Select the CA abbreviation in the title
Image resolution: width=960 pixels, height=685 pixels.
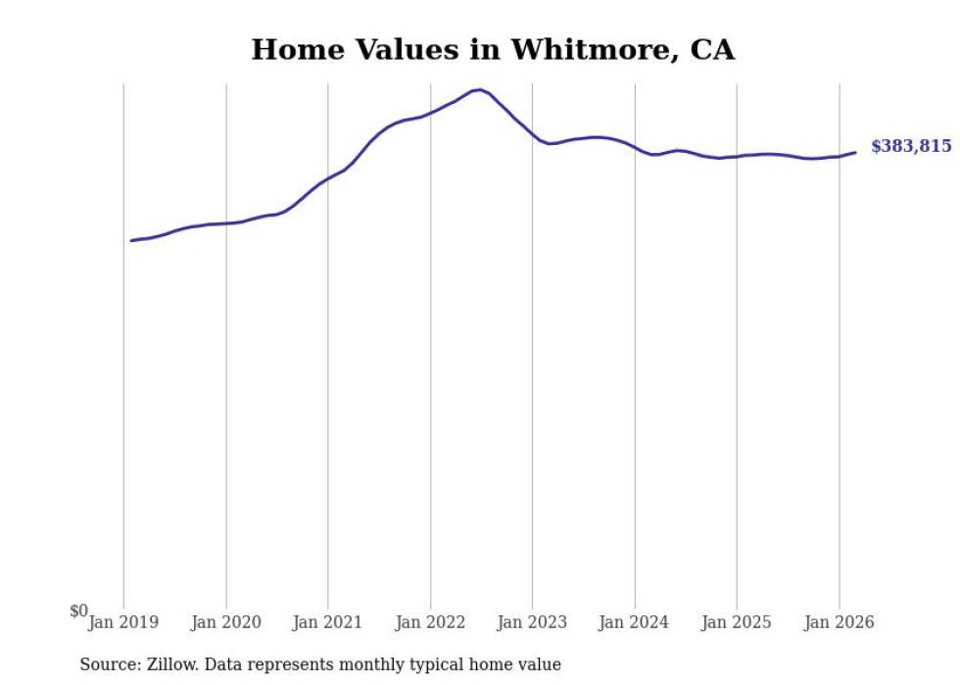click(712, 50)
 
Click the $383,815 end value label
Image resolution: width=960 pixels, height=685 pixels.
click(911, 146)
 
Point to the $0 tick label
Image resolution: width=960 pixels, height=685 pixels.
click(78, 611)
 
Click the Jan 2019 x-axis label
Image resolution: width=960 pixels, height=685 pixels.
click(123, 622)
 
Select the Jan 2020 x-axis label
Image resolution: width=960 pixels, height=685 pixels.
click(226, 622)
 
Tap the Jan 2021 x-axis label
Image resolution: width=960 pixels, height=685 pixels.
click(327, 622)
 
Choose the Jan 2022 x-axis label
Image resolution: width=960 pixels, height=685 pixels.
click(430, 622)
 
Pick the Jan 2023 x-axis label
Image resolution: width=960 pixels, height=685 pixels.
click(532, 622)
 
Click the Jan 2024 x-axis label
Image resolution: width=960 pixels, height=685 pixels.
click(635, 622)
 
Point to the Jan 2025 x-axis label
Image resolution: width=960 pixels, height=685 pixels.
click(737, 622)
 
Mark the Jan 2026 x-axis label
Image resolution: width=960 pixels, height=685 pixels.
click(839, 622)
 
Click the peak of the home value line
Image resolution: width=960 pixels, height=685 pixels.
click(480, 89)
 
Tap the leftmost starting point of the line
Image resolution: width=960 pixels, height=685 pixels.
click(131, 241)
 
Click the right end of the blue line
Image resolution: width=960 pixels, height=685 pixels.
click(855, 152)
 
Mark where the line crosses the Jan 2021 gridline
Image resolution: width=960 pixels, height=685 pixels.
click(328, 179)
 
